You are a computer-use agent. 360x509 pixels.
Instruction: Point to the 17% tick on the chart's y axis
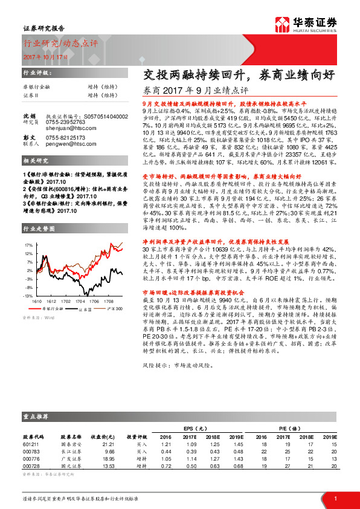tap(29, 245)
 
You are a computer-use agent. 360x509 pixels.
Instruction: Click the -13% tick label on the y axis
tap(28, 296)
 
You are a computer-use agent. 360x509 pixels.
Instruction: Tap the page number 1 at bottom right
tap(335, 499)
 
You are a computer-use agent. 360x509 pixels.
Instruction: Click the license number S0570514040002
tap(92, 114)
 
